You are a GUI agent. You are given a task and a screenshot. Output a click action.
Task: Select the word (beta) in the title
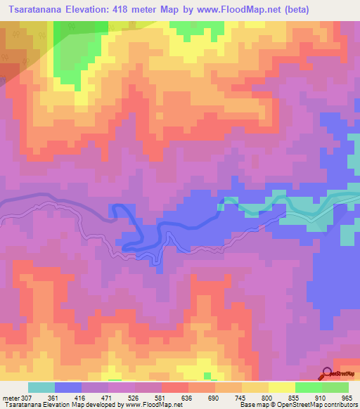(x=292, y=8)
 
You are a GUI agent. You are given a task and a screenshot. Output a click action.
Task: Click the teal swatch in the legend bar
(x=41, y=387)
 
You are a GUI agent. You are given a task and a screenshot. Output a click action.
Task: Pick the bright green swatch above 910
(x=308, y=387)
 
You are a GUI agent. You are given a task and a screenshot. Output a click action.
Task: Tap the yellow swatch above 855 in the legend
(x=281, y=387)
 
